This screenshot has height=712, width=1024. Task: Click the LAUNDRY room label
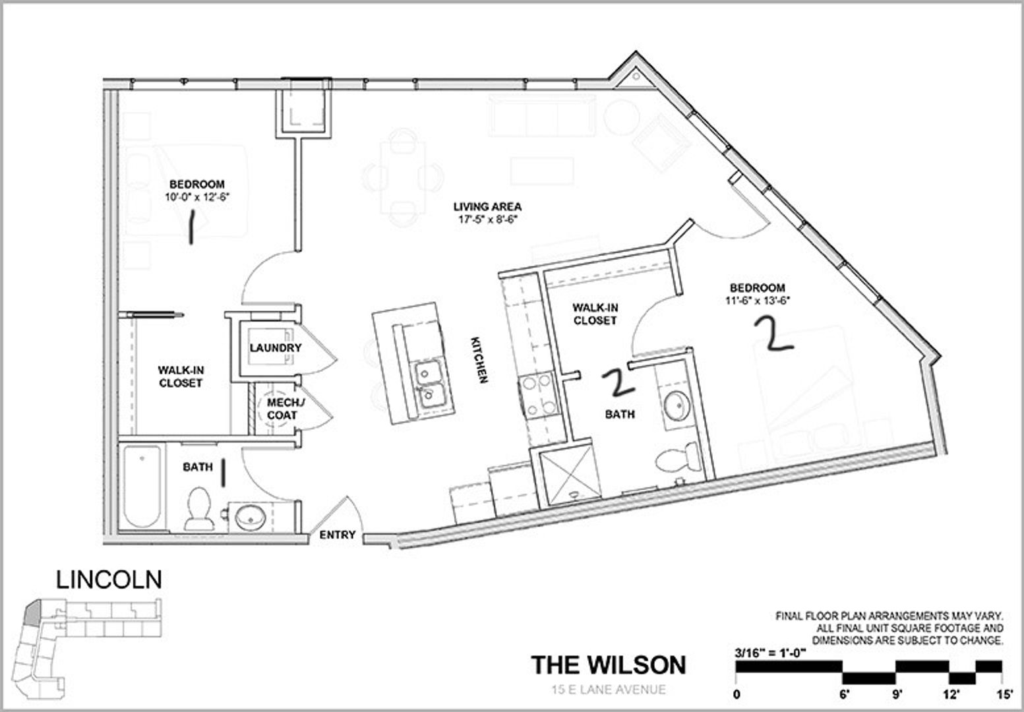tap(275, 348)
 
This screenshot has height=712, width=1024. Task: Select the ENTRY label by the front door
tap(338, 535)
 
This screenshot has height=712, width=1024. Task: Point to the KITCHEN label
tap(479, 360)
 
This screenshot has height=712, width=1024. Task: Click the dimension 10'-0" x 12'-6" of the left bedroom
tap(197, 197)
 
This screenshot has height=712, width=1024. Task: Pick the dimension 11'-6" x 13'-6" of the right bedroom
tap(758, 301)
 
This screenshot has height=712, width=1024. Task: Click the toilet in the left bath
tap(200, 508)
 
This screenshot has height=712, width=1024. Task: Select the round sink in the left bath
tap(250, 517)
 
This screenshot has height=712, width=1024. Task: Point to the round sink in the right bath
tap(677, 406)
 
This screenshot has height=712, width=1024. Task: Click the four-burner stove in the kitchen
tap(539, 395)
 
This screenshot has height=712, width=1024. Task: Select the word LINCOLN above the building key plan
tap(109, 579)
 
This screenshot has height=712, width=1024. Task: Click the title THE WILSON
tap(609, 665)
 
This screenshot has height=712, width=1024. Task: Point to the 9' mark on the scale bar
tap(897, 695)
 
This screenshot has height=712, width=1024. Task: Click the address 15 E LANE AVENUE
tap(609, 689)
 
